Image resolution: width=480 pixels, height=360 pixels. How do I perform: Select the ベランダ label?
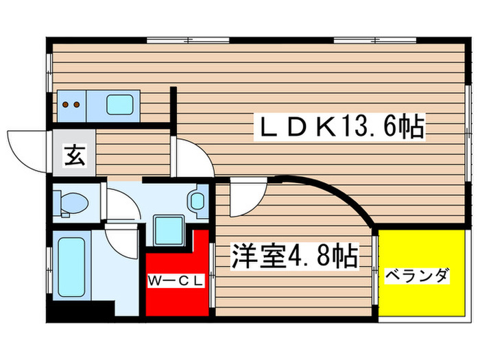(416, 276)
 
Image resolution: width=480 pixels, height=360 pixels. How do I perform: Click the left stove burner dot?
(67, 105)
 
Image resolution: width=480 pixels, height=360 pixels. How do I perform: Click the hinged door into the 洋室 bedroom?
(243, 195)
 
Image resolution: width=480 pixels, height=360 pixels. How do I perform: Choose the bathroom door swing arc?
(123, 240)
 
